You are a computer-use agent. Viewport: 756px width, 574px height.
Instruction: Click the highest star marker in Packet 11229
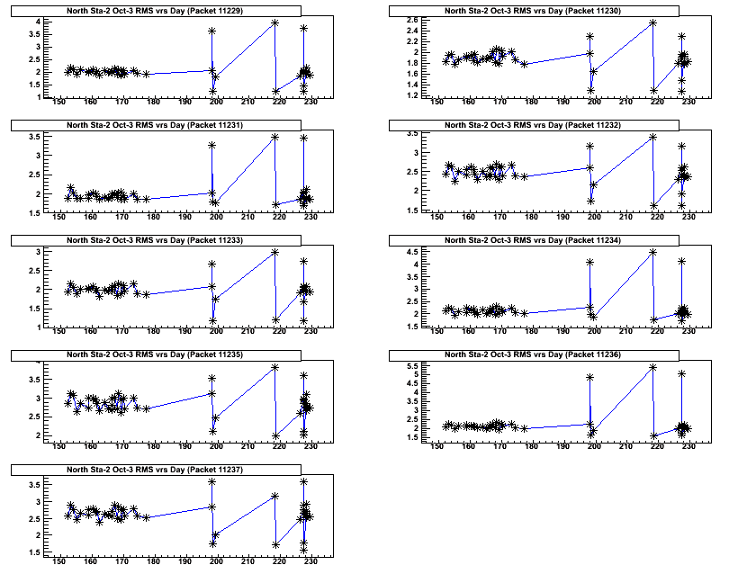[274, 22]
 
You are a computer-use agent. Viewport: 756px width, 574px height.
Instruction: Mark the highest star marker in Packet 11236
[652, 367]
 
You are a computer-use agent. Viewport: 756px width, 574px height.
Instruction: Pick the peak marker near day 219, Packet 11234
[652, 252]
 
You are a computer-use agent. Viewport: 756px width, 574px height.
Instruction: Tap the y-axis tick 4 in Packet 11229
[36, 22]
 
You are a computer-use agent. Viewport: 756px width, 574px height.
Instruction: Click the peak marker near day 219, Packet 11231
[274, 137]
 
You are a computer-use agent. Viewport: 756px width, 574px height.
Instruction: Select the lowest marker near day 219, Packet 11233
[274, 319]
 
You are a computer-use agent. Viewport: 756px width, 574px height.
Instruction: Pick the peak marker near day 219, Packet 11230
[652, 22]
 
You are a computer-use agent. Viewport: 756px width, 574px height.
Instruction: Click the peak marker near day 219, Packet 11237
[274, 496]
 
